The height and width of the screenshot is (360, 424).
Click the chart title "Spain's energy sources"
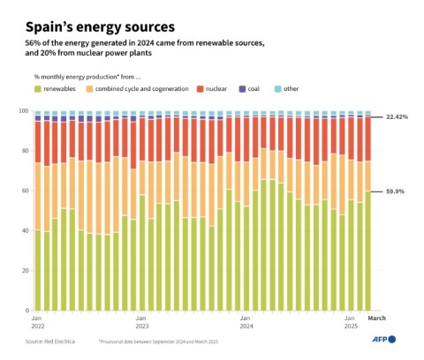99,26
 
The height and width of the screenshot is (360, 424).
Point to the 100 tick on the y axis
23,111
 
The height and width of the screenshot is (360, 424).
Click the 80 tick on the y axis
25,151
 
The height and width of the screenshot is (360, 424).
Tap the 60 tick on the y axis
25,191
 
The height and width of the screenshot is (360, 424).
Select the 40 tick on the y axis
25,230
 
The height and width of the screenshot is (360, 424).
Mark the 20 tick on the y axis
25,270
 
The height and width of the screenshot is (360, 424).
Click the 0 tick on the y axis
26,310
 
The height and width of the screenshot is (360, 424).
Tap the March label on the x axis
376,318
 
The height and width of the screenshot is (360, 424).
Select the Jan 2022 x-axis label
37,321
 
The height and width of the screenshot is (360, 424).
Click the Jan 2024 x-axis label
246,321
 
